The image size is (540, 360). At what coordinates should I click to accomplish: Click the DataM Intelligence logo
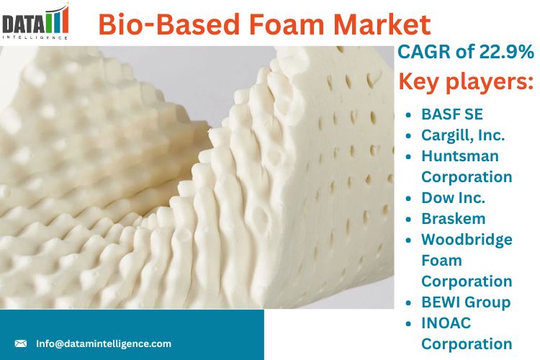pos(35,22)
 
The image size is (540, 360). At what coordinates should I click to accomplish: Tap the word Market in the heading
pos(382,24)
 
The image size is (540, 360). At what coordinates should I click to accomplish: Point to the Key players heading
pos(466,81)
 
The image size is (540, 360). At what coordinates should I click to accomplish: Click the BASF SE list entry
pos(452,114)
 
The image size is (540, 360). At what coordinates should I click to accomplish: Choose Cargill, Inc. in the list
pos(463,135)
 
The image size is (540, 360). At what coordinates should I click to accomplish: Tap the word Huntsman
pos(460,156)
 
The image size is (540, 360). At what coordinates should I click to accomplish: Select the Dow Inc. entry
pos(453,198)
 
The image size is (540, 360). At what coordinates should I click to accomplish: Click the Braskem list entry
pos(454,219)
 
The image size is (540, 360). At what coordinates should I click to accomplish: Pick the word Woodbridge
pos(467,240)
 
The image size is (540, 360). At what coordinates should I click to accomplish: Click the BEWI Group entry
pos(466,302)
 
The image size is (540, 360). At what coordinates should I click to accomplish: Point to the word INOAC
pos(446,323)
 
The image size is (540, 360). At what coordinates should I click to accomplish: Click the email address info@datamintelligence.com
pos(104,343)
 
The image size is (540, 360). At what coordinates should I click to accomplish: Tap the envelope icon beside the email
pos(21,343)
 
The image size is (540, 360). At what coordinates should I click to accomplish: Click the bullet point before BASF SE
pos(408,115)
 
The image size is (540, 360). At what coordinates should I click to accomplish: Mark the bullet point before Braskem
pos(408,220)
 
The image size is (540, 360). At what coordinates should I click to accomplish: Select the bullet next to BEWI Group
pos(408,303)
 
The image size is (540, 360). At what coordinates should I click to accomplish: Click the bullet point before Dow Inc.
pos(408,199)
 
